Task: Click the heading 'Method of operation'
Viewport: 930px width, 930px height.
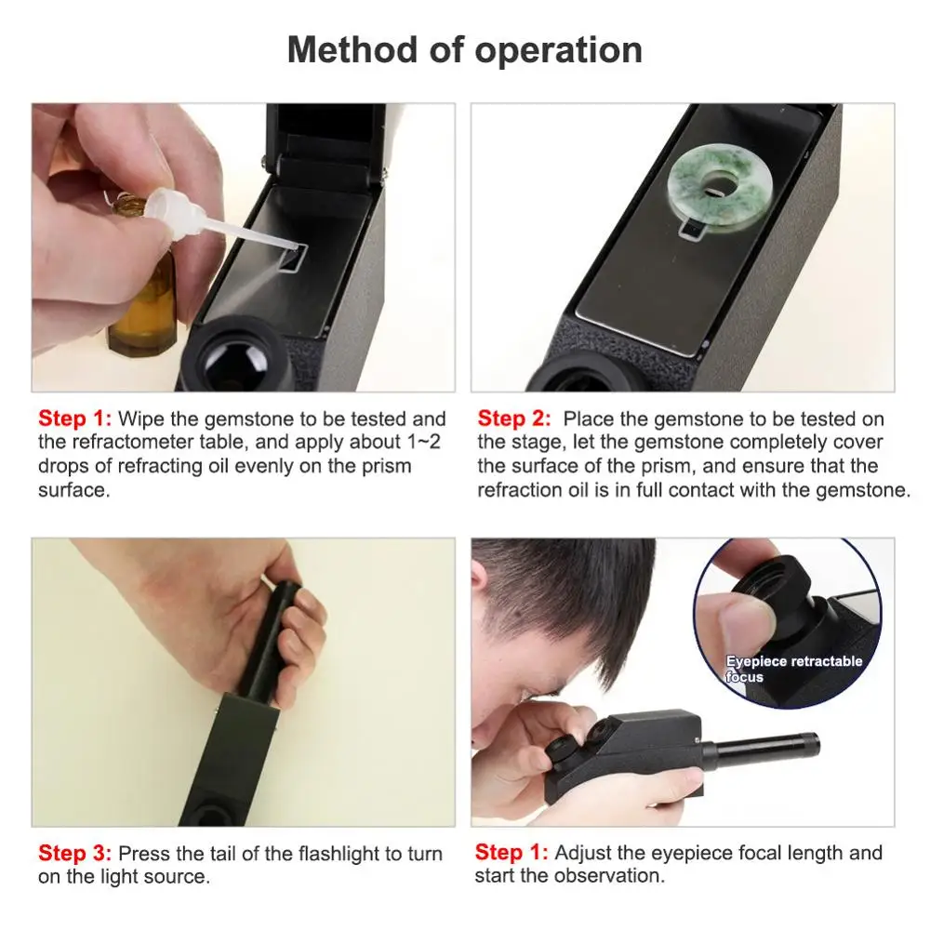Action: coord(464,49)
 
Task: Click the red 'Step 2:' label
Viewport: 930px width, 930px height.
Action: coord(513,419)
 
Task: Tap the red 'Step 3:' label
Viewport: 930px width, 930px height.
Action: coord(74,853)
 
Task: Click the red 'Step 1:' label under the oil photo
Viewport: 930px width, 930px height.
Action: coord(74,419)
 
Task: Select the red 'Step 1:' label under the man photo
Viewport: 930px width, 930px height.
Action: coord(511,852)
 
